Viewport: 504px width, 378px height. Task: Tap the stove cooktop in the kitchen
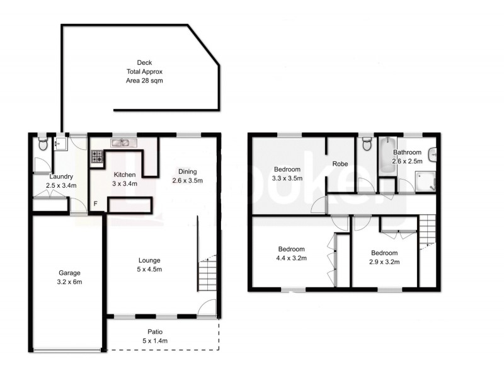[98, 156]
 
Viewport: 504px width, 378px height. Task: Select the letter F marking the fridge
[96, 203]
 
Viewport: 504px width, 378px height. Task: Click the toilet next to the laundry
[42, 145]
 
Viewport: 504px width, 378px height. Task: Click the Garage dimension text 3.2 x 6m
[69, 282]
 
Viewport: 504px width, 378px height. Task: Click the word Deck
[144, 62]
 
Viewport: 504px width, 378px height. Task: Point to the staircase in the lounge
[207, 273]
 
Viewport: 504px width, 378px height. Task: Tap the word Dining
[187, 171]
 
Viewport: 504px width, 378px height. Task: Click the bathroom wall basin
[433, 154]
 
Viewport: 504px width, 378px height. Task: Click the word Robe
[340, 164]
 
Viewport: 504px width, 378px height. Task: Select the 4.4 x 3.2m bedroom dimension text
[291, 258]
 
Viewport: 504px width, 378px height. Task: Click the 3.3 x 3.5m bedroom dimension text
[287, 178]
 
